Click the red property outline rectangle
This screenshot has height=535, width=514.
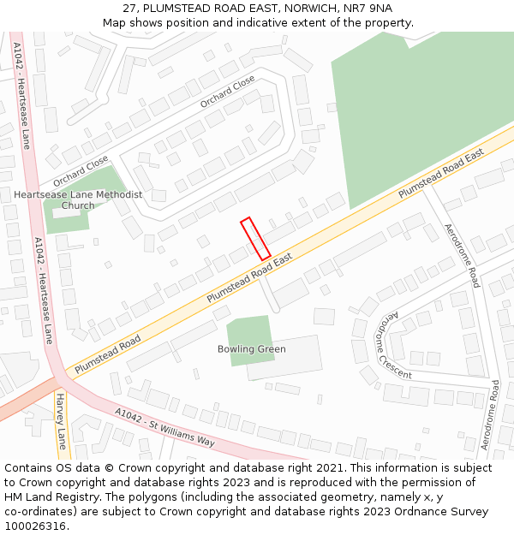255,239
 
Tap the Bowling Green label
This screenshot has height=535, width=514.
251,349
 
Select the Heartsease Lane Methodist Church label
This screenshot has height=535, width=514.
78,199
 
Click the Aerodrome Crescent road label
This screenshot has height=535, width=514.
392,345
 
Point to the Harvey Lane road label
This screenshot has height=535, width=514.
61,421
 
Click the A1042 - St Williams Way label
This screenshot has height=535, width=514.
164,427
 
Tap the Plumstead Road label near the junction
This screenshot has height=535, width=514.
107,354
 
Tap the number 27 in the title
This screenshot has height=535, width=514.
129,8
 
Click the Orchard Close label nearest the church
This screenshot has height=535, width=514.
81,170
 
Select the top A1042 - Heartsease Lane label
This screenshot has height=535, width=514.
21,94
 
